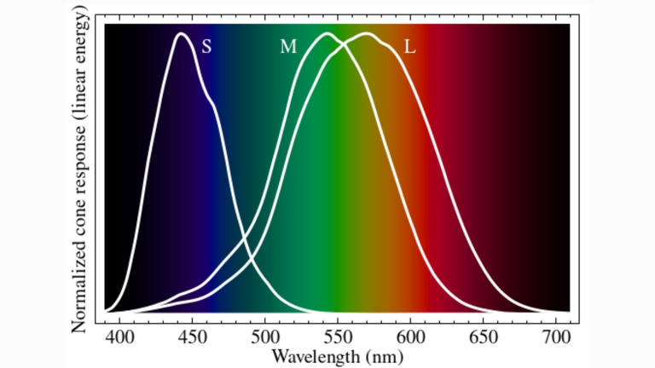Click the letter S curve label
206,47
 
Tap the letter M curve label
288,47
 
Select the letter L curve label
409,47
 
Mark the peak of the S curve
181,34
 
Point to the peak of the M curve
327,34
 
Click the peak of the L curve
367,34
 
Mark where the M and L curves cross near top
345,43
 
